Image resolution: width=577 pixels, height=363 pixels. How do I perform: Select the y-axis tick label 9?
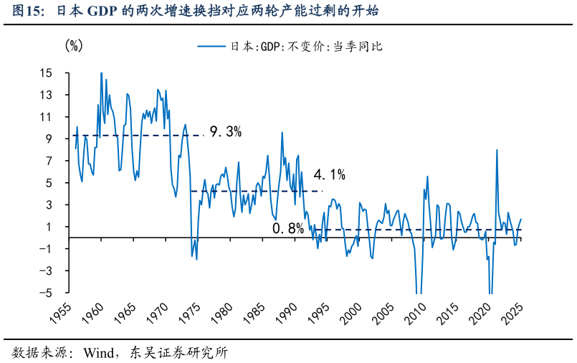pos(49,139)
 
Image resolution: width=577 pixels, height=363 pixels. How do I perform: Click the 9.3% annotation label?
pos(225,132)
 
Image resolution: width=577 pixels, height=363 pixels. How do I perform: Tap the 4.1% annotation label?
pos(330,174)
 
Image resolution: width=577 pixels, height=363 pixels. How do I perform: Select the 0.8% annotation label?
pos(288,229)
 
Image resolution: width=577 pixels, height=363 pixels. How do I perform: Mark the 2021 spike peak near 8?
pos(497,150)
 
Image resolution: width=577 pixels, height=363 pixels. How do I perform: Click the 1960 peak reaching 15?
pos(101,72)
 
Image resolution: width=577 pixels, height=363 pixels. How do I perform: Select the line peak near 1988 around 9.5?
pos(282,132)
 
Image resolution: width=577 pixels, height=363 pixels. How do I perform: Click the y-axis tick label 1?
pos(49,227)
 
